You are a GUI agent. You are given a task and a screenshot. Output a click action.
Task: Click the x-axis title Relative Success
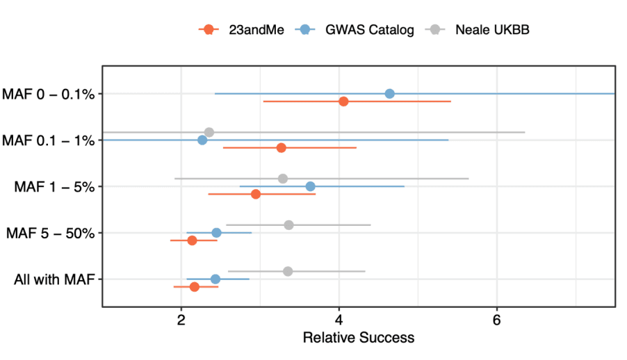point(358,338)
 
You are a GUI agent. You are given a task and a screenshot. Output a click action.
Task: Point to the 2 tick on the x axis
point(181,320)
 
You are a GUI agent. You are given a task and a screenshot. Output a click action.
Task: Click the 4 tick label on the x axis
point(339,320)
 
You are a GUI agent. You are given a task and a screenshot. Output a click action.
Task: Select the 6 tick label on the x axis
point(496,320)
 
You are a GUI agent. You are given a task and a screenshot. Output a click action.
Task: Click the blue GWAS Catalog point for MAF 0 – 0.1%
point(389,94)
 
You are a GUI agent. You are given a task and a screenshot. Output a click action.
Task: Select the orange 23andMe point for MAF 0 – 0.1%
point(343,101)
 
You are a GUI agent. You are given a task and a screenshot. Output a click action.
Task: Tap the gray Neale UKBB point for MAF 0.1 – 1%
point(209,132)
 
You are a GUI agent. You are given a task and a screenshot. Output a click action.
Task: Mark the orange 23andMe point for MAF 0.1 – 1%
point(281,148)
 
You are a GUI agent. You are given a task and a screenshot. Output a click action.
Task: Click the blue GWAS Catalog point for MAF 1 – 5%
point(310,186)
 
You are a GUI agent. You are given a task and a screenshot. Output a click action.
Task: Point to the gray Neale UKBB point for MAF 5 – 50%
point(288,224)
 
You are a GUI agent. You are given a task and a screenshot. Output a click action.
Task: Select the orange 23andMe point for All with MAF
point(195,287)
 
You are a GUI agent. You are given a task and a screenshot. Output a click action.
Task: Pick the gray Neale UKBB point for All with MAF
point(288,271)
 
